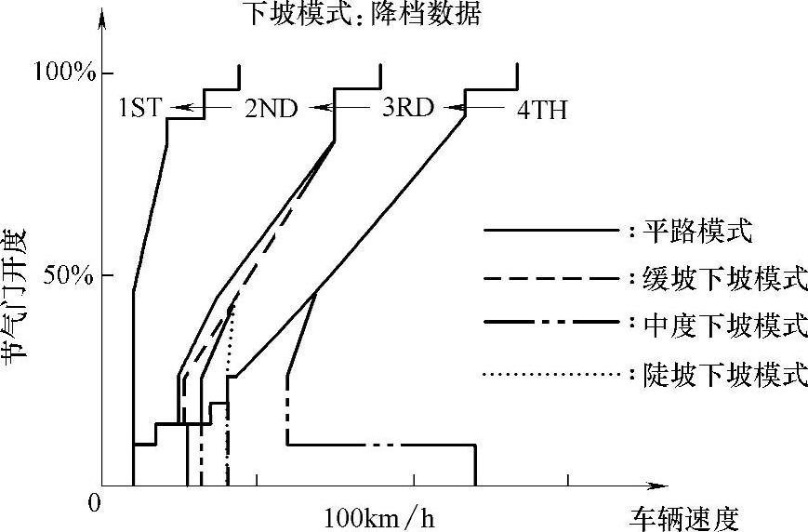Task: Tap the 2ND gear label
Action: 271,109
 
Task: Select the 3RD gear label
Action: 407,108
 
